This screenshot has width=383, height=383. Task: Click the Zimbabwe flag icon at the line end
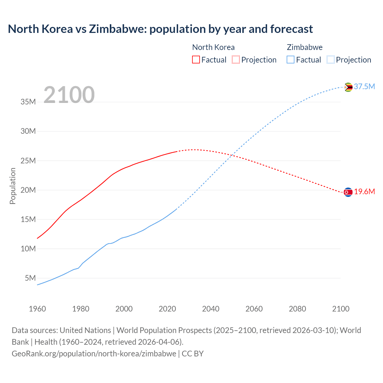[x=348, y=87]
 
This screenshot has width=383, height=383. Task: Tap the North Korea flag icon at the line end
[x=348, y=192]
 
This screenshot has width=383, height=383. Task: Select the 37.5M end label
[x=364, y=87]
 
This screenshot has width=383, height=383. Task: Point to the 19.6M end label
[x=364, y=192]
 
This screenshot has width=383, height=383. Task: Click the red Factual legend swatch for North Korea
[x=196, y=60]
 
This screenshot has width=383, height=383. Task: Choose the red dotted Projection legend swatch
[x=236, y=60]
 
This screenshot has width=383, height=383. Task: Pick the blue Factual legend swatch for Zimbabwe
[x=291, y=60]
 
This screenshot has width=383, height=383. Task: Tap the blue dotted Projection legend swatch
[x=330, y=60]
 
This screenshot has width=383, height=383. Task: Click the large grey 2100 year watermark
[x=69, y=95]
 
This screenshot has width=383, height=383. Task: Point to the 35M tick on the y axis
[x=28, y=102]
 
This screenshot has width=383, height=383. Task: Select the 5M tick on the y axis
[x=30, y=278]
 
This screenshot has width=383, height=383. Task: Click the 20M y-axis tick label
[x=28, y=190]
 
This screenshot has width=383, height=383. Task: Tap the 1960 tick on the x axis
[x=37, y=309]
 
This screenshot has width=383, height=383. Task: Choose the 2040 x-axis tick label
[x=211, y=309]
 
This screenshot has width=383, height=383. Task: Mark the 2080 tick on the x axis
[x=297, y=309]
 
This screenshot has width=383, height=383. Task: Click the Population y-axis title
[x=13, y=186]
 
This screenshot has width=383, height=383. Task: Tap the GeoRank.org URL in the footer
[x=94, y=354]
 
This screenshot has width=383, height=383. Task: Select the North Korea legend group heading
[x=213, y=47]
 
